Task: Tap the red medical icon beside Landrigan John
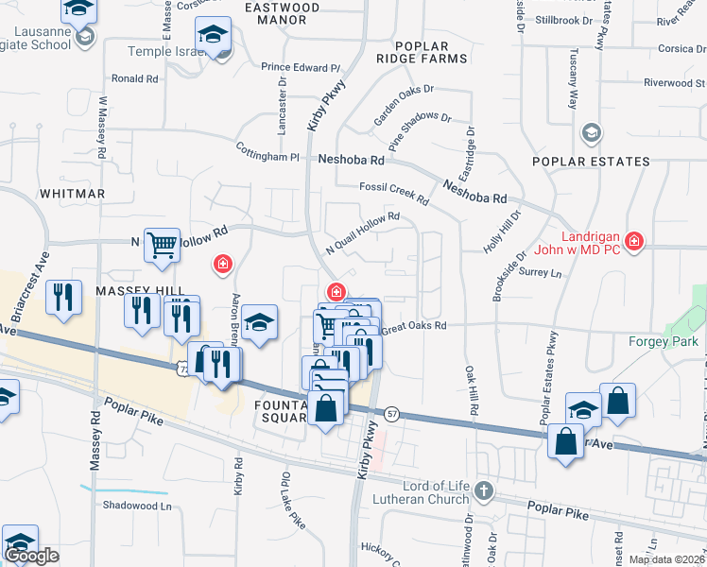click(x=633, y=243)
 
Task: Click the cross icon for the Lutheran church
click(x=484, y=490)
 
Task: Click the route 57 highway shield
click(x=392, y=414)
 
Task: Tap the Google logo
click(x=31, y=556)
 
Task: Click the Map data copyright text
click(x=666, y=559)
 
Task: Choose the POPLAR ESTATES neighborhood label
click(x=591, y=162)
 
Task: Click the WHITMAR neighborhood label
click(x=72, y=193)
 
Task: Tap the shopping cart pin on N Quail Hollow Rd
click(x=162, y=246)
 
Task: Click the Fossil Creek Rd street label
click(x=393, y=193)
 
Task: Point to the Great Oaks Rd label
click(x=413, y=326)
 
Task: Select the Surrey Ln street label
click(x=541, y=273)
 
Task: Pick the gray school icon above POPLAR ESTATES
click(x=592, y=132)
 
